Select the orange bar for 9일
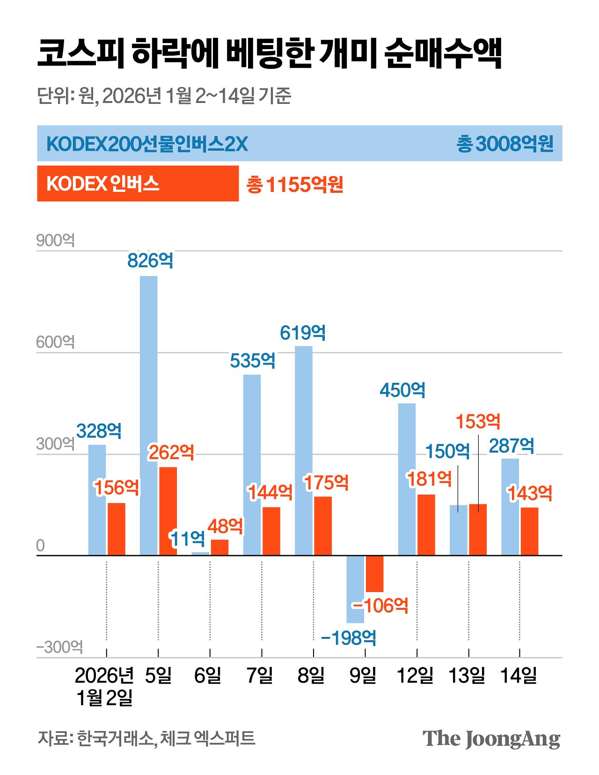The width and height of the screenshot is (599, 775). (374, 574)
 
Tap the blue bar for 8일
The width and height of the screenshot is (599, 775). (304, 450)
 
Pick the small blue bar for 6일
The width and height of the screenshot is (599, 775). (200, 554)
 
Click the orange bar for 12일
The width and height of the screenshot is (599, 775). (426, 525)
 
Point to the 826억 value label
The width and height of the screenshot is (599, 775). (150, 260)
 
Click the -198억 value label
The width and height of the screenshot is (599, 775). (349, 637)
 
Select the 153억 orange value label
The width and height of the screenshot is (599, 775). (478, 422)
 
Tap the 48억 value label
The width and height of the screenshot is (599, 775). (225, 526)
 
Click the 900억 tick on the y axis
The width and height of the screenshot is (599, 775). (55, 241)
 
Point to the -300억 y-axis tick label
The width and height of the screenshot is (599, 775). (59, 647)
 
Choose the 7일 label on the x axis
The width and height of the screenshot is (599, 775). (260, 675)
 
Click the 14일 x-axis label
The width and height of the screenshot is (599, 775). (519, 675)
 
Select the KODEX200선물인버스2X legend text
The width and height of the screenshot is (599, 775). (147, 144)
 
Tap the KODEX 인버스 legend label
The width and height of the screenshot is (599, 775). (102, 184)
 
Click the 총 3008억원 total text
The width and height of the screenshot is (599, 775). (504, 144)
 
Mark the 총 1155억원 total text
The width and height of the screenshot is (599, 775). (295, 184)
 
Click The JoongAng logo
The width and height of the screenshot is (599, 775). (491, 739)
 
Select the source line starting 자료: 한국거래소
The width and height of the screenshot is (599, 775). (146, 738)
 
